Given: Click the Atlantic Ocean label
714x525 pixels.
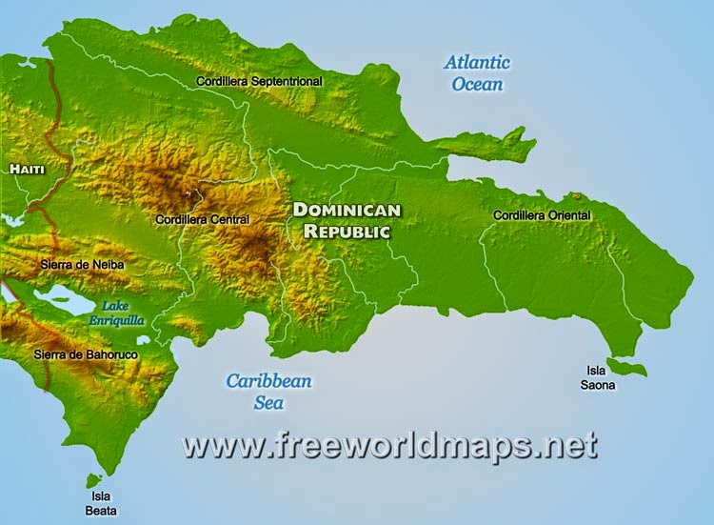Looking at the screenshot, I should point(477,73).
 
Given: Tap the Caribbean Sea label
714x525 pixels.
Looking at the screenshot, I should point(268,392).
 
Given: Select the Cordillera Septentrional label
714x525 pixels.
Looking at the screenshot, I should point(259,82).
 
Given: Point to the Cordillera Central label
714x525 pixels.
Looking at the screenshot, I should point(202,219).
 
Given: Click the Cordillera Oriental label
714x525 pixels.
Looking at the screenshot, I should point(542,215).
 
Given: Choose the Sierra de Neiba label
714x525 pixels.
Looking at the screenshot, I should point(83,263).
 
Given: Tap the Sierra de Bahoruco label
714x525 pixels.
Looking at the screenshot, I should point(86,354).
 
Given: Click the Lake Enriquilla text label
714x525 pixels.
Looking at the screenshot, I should point(123,313).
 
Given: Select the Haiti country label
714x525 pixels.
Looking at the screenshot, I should point(27,169).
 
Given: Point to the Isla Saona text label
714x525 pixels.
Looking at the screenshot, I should point(600,378).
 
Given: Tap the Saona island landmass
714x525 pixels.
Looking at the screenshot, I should point(628,367).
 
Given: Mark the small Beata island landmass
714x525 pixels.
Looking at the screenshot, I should point(93,480).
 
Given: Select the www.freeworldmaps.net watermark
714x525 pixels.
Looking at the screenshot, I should point(389,445).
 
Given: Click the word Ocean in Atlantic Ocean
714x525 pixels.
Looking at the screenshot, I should point(477,84).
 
